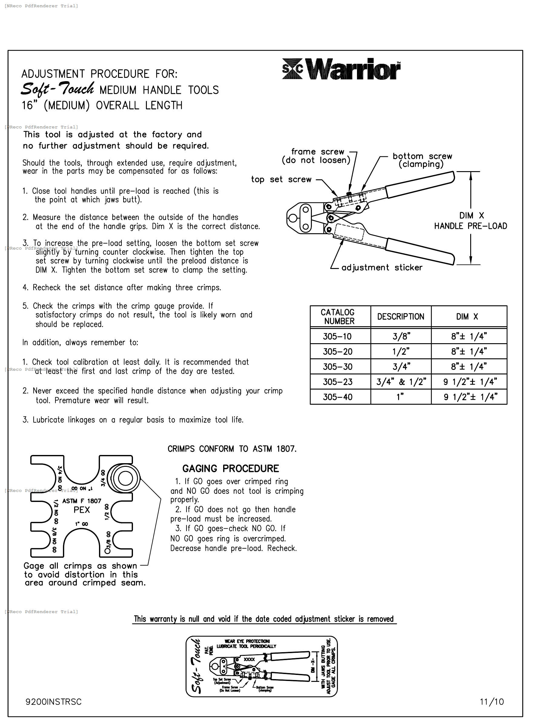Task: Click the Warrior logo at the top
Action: point(341,69)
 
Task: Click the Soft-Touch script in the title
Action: point(58,89)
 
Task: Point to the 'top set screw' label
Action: point(281,179)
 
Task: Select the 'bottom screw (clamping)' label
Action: point(422,160)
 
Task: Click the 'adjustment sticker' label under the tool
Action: point(382,267)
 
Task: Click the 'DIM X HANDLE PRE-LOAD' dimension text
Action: point(471,221)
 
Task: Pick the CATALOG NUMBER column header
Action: point(338,317)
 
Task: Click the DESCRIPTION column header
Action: point(401,317)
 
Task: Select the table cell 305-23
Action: point(338,382)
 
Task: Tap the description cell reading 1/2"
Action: point(401,352)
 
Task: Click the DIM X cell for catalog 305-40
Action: point(470,397)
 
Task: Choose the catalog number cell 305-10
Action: point(337,337)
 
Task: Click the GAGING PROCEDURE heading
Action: point(231,469)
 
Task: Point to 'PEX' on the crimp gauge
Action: point(81,510)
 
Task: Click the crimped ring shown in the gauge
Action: point(125,479)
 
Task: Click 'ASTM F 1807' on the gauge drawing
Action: point(81,501)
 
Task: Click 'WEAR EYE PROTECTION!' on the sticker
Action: point(247,641)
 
